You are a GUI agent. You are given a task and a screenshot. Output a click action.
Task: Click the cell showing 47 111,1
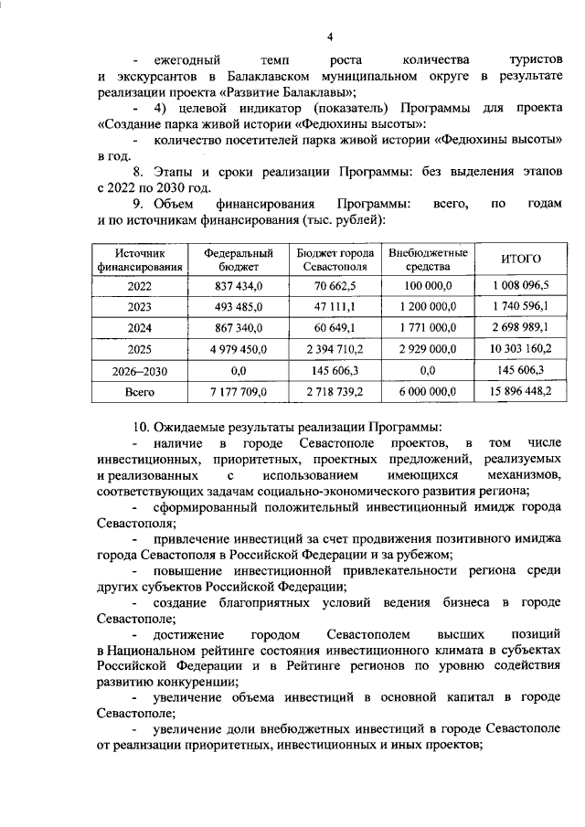pos(335,307)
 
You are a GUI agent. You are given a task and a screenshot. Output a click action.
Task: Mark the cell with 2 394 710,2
pos(335,349)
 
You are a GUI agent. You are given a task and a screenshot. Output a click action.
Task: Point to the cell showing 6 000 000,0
pos(429,391)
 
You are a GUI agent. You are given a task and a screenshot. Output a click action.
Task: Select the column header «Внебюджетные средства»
pos(429,260)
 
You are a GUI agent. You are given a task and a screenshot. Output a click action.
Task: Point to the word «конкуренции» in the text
pos(199,682)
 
